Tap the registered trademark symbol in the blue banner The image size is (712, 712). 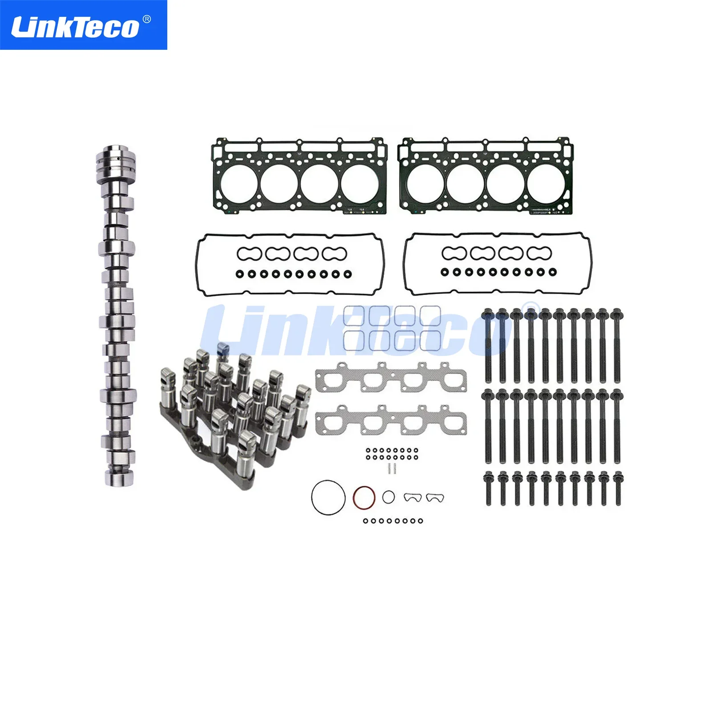[x=147, y=20]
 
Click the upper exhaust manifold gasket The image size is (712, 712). [x=391, y=378]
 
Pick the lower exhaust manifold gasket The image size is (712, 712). [x=391, y=421]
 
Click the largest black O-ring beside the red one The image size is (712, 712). [x=328, y=498]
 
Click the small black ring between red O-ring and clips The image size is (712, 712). [x=388, y=497]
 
